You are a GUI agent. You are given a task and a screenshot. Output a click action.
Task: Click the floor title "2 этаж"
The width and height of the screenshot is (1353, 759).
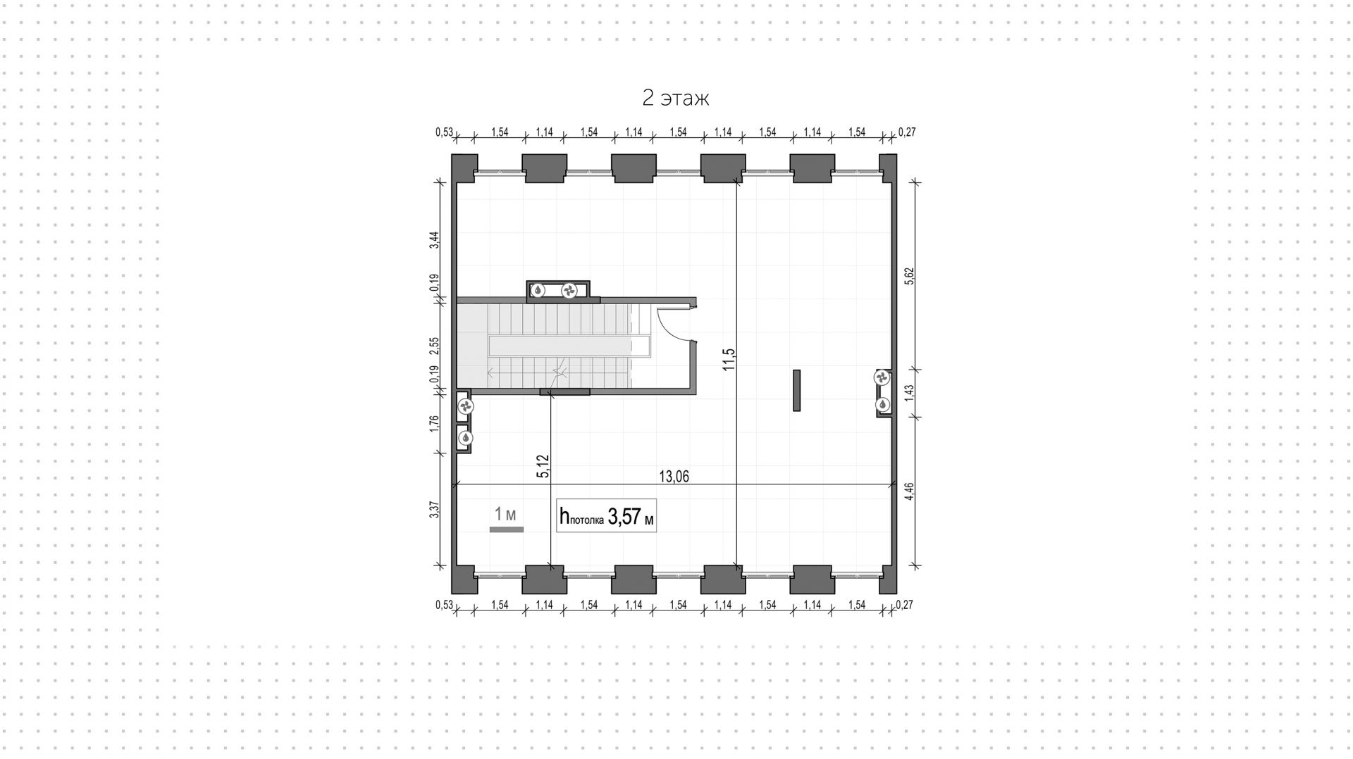675,98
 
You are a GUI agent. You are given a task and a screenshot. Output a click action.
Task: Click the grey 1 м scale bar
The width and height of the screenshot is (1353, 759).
506,529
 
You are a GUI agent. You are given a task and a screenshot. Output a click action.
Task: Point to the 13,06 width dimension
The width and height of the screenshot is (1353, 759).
674,477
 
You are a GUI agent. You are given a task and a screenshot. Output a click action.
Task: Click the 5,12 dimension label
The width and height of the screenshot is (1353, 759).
543,466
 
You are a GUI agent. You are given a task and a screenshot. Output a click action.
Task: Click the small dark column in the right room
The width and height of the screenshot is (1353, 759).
796,390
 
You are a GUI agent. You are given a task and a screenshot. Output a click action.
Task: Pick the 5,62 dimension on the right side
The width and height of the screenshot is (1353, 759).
909,275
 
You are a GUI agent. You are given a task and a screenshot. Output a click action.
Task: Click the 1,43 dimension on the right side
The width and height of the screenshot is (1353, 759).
909,391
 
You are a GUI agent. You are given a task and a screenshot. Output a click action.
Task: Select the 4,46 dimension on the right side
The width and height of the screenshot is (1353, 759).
909,491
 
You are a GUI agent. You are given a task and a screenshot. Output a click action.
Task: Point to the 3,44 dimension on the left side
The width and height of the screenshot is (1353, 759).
435,240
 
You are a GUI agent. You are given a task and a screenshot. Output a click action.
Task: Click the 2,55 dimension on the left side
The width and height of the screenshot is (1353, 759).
435,346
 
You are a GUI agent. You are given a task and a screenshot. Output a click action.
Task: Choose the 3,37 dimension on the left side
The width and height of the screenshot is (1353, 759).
435,509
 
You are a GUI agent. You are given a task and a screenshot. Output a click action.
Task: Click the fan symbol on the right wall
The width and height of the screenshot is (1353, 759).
882,378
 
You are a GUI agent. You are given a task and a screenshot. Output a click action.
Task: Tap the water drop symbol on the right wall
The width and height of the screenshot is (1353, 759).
882,405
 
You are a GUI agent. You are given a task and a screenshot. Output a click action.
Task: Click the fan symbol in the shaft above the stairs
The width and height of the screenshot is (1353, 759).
569,289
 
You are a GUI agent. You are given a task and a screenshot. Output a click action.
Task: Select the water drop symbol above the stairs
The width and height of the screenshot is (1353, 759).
538,289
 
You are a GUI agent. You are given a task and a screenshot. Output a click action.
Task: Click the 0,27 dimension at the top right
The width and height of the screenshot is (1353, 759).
907,132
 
